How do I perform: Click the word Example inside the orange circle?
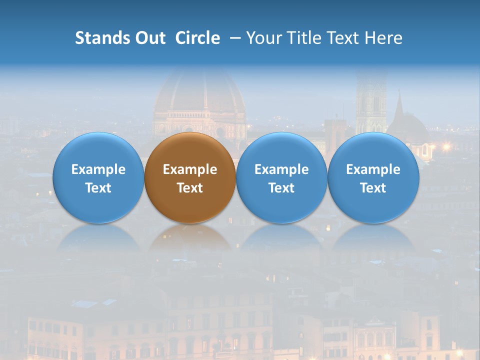pyautogui.click(x=190, y=169)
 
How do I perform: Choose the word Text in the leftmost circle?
pyautogui.click(x=98, y=188)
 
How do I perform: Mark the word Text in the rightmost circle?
pyautogui.click(x=373, y=188)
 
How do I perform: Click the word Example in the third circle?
pyautogui.click(x=281, y=169)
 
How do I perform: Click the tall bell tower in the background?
pyautogui.click(x=370, y=100)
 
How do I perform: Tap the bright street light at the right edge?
pyautogui.click(x=446, y=147)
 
